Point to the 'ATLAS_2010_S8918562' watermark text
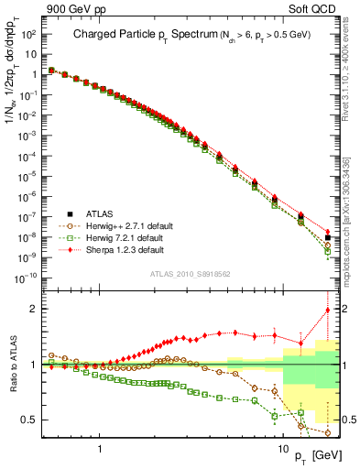[x=190, y=274]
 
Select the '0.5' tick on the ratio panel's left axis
[x=29, y=420]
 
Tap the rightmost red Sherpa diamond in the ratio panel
[x=328, y=311]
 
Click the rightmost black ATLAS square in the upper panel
[x=328, y=237]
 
